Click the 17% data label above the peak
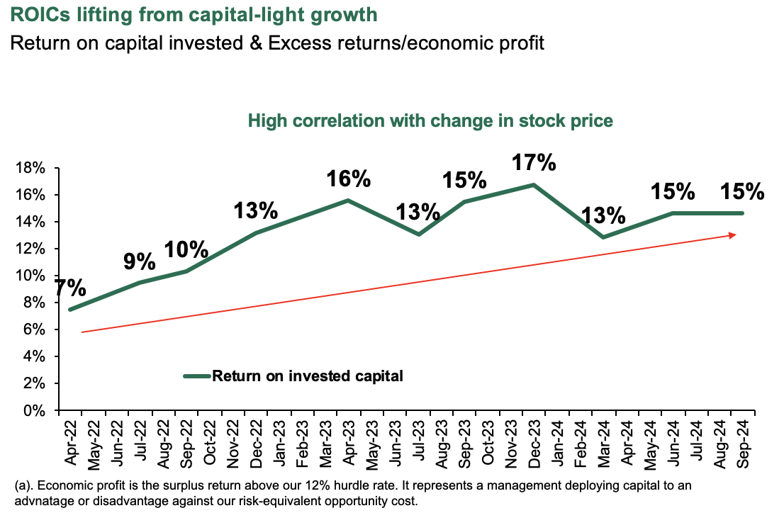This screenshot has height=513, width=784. (x=534, y=163)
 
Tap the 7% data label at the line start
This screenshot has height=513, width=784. (x=71, y=288)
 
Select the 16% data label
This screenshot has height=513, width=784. (x=348, y=179)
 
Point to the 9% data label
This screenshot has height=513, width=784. (x=139, y=261)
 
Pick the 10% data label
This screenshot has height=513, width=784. (x=186, y=249)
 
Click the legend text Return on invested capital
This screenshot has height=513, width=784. (x=308, y=376)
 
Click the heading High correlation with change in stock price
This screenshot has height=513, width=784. (x=430, y=121)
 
